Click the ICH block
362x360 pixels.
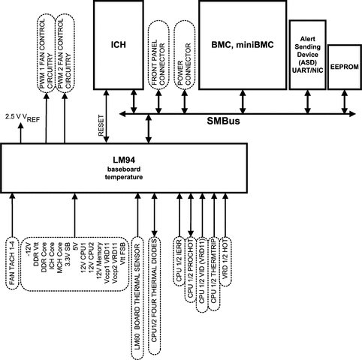pos(119,44)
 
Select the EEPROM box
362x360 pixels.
pos(345,67)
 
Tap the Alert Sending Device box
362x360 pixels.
pos(308,55)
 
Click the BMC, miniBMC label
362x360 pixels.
pos(243,44)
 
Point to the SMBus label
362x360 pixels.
pos(223,121)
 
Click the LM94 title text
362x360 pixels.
pos(124,160)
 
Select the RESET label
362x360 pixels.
pos(101,125)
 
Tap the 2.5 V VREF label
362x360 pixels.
pos(23,117)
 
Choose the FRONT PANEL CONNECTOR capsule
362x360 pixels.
pos(158,55)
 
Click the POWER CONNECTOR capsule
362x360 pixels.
pos(185,55)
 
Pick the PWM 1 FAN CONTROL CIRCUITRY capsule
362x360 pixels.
pos(47,53)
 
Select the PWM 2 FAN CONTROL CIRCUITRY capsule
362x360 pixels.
pos(65,53)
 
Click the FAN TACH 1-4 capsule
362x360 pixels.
pos(12,262)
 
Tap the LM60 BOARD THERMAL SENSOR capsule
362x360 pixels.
pos(137,298)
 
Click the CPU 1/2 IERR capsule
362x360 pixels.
pos(179,261)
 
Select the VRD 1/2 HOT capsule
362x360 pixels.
pos(225,261)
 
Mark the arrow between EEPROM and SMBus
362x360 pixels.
pos(345,102)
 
